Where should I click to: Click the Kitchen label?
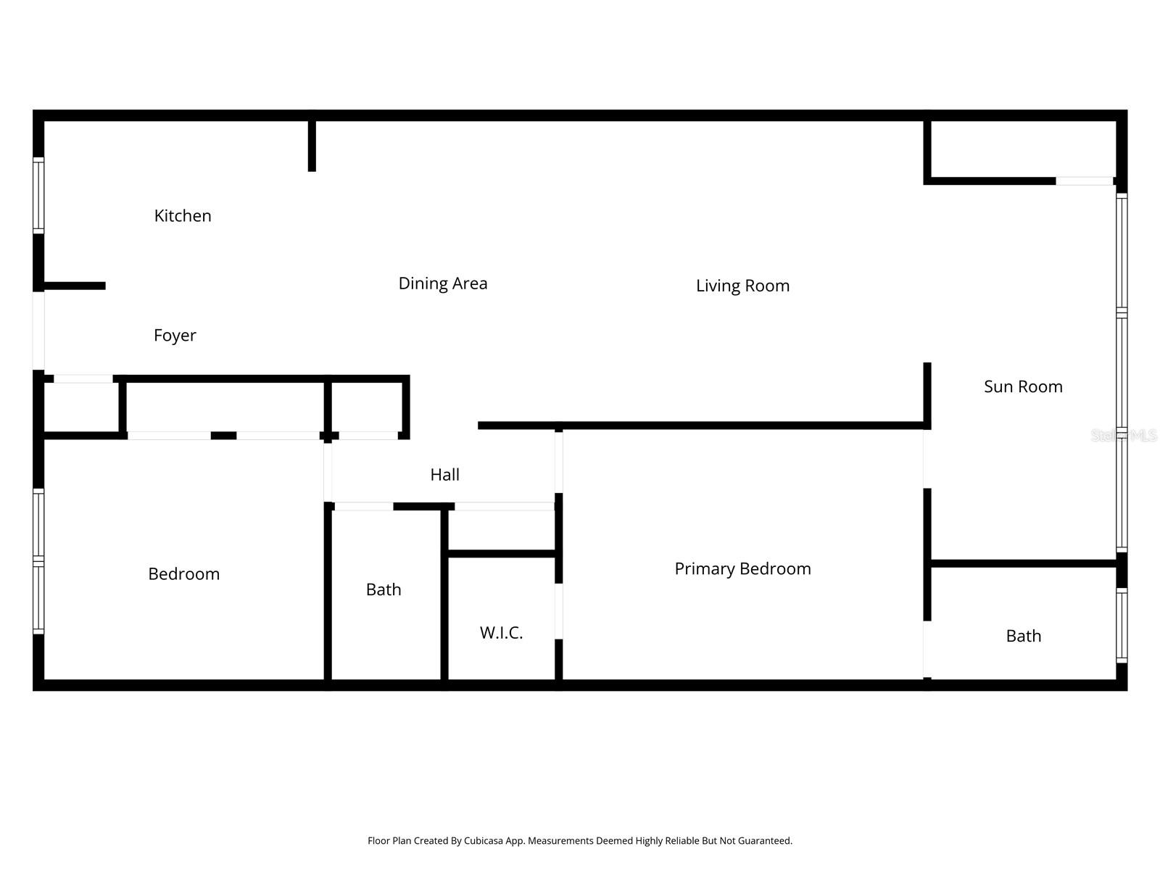point(183,216)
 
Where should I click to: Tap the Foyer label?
point(175,336)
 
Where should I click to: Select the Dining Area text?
point(443,283)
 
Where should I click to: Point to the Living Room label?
point(742,286)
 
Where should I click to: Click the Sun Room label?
point(1023,386)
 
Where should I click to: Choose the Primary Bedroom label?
point(742,569)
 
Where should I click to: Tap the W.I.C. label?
point(501,633)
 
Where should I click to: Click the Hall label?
point(444,475)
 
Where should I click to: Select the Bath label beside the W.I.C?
point(384,590)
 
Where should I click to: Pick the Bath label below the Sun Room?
point(1023,637)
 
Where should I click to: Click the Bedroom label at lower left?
point(183,574)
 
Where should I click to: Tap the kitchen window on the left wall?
point(38,196)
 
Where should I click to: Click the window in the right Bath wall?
point(1121,626)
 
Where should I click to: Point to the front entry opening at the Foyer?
point(38,331)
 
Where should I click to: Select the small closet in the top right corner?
point(1022,149)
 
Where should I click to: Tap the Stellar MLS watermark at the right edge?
point(1124,436)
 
